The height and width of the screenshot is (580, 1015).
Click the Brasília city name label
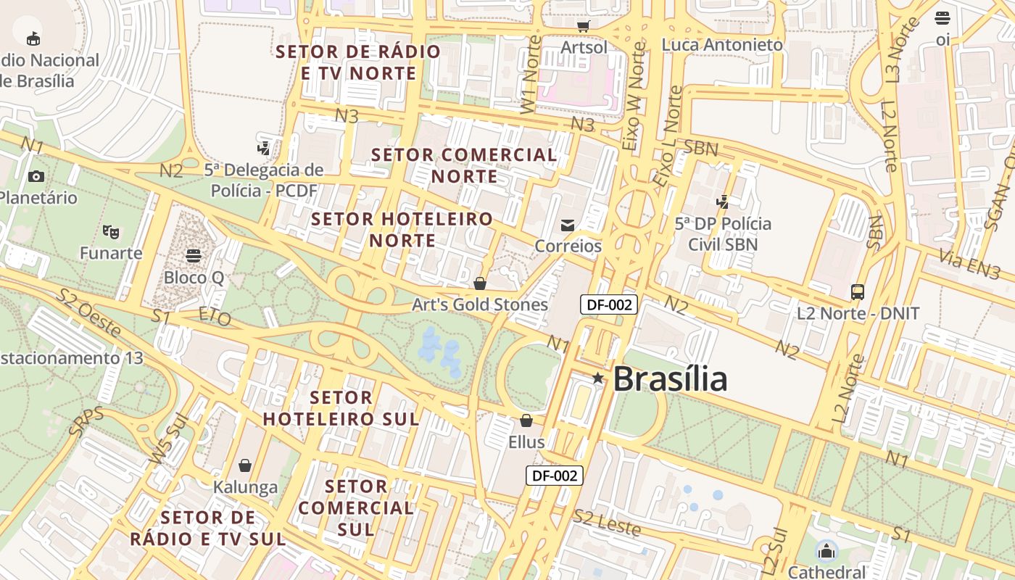[669, 379]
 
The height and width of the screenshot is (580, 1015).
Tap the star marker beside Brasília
[597, 378]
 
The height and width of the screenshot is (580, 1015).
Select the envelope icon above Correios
[568, 225]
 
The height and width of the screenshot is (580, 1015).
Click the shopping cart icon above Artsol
[584, 26]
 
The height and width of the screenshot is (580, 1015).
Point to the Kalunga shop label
[245, 487]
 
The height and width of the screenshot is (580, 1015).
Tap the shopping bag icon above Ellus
[526, 420]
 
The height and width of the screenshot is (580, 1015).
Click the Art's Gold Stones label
[479, 304]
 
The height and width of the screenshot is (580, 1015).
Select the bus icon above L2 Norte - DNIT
[858, 292]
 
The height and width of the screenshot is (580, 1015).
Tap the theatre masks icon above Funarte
[111, 232]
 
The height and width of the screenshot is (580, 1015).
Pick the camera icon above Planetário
[36, 176]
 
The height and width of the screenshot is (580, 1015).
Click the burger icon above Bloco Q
[194, 256]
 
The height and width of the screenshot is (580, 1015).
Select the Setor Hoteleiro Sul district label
[341, 408]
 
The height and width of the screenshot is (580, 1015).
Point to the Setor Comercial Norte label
[464, 165]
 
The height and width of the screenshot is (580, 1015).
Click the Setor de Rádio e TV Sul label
[208, 528]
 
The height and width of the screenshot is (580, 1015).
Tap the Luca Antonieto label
[722, 45]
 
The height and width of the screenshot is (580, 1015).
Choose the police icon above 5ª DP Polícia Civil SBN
[722, 202]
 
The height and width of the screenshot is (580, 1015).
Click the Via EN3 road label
[969, 263]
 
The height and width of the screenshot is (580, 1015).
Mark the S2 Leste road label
[607, 523]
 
